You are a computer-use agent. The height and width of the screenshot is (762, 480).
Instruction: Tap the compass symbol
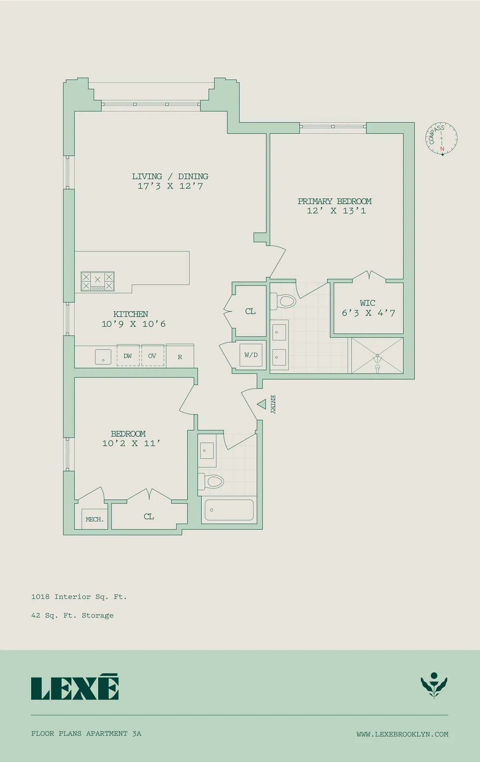click(x=441, y=138)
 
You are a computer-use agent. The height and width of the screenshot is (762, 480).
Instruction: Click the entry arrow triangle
click(x=262, y=404)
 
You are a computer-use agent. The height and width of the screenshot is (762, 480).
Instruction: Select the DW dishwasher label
click(x=128, y=356)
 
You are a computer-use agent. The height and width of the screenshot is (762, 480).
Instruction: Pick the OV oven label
click(x=152, y=356)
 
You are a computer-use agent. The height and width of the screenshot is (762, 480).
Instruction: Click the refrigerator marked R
click(x=180, y=357)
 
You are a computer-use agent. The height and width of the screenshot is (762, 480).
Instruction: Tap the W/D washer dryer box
click(x=251, y=355)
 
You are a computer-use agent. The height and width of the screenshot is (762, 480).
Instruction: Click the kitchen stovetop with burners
click(x=98, y=281)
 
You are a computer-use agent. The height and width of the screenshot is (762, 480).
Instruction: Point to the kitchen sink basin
click(x=103, y=357)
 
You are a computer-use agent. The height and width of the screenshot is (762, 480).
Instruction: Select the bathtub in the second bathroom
click(x=229, y=510)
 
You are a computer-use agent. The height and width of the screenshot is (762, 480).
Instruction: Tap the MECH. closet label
click(x=94, y=519)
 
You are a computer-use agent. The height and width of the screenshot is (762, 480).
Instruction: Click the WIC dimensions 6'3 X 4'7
click(x=368, y=313)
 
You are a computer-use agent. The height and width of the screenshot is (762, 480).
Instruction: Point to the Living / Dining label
click(x=170, y=176)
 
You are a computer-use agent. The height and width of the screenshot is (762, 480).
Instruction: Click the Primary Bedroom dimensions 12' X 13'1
click(x=336, y=211)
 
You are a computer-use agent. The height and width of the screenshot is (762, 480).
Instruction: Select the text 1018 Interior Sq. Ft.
click(x=79, y=597)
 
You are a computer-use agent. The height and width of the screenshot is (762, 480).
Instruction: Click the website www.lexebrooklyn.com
click(x=402, y=734)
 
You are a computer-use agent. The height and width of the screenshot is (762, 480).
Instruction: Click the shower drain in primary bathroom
click(x=377, y=367)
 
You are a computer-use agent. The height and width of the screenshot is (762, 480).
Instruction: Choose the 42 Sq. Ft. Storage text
click(x=72, y=616)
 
